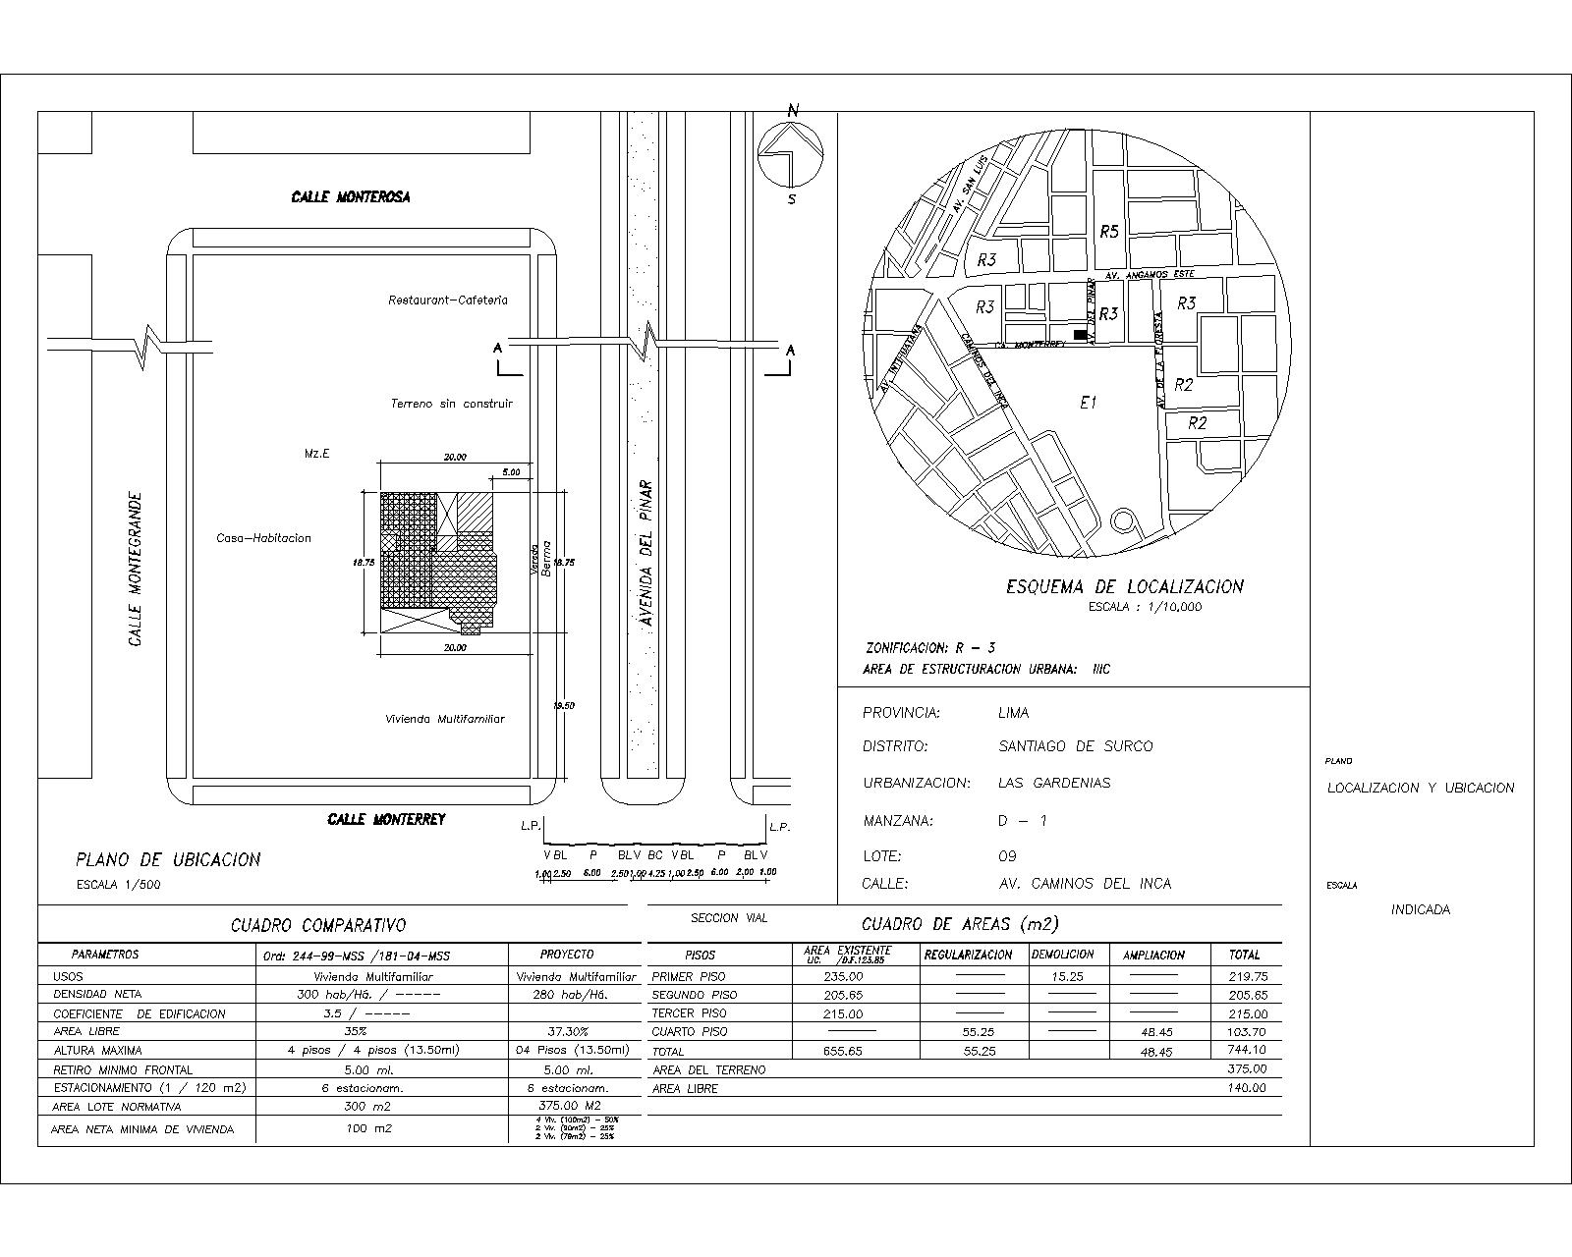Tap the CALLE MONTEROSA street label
click(351, 197)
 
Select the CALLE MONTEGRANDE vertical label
click(136, 570)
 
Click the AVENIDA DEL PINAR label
click(646, 553)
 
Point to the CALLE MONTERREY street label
click(386, 819)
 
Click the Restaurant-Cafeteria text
click(448, 300)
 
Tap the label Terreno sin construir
click(451, 403)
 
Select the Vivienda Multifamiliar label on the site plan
click(444, 719)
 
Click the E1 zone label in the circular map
click(1088, 402)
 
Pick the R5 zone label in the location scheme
click(1108, 232)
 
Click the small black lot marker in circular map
click(1080, 335)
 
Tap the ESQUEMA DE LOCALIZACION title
click(1124, 587)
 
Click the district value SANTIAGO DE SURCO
click(1075, 746)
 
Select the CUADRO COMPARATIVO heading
click(317, 925)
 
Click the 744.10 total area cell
click(1247, 1050)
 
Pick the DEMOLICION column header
click(1061, 955)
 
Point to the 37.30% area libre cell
click(567, 1032)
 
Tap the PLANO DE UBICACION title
click(168, 860)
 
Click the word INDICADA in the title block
click(1420, 910)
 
